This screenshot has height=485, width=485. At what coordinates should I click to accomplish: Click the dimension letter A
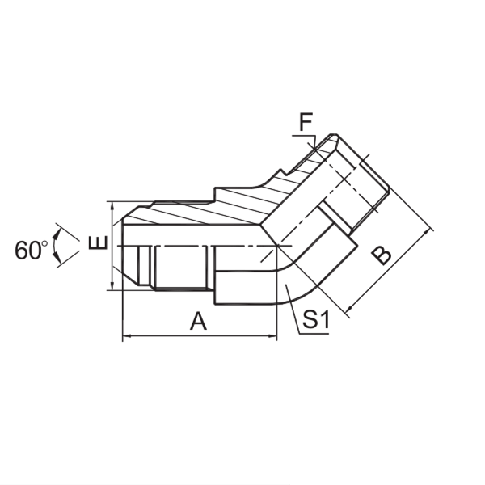tap(198, 322)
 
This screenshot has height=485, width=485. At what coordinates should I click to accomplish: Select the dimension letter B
tap(381, 255)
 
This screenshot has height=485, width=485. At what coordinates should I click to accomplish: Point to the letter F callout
tap(306, 124)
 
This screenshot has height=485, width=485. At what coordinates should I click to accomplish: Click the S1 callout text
tap(315, 321)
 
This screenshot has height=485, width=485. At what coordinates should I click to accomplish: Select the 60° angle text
tap(32, 250)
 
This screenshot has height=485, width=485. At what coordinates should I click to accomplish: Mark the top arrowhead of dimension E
tap(111, 205)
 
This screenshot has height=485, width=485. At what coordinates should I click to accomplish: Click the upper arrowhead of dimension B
tap(428, 233)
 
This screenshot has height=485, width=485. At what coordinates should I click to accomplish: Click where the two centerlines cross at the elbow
tap(276, 244)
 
